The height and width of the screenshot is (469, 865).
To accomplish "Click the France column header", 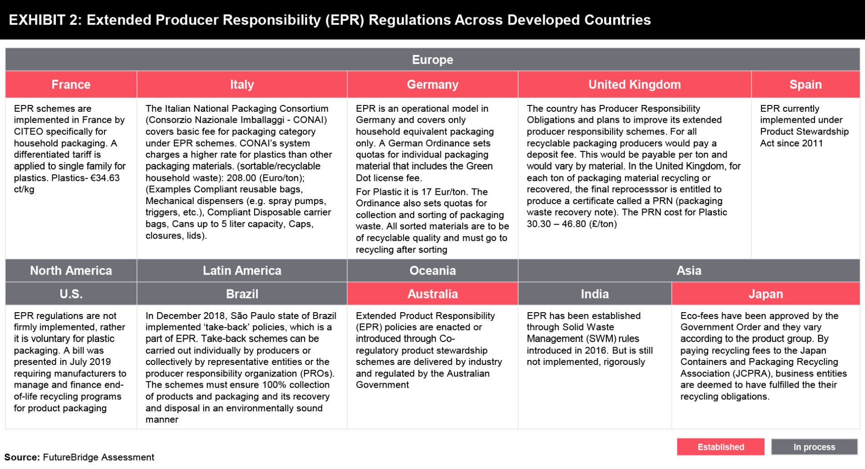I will pos(71,85).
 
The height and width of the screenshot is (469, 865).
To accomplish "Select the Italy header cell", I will pos(242,85).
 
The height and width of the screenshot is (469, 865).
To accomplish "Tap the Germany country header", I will pos(432,85).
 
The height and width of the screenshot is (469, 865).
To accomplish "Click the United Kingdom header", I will pos(635,85).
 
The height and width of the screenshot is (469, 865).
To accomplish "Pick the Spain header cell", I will pos(805,85).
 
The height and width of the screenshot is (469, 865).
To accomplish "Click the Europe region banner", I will pos(432,60).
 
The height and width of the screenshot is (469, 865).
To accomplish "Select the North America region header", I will pos(71,270).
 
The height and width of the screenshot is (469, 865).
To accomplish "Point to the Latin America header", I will pos(242,270).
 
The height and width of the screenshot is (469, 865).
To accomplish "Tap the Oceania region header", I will pos(432,270).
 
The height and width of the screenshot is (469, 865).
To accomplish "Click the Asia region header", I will pos(689,270).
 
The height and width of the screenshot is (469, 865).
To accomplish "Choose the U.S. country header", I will pos(71,294).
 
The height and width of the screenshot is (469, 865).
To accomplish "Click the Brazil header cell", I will pos(242,294).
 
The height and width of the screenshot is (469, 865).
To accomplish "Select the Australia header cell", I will pos(432,294).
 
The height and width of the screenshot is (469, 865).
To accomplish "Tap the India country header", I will pos(595,294).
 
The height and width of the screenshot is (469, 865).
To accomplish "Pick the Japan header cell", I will pos(765,294).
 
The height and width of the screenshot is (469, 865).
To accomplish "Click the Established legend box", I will pos(720,447).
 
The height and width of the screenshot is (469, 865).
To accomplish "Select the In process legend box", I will pos(814,447).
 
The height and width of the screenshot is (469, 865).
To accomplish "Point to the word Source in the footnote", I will pos(22,457).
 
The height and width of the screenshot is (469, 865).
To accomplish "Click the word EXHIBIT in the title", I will pos(37,20).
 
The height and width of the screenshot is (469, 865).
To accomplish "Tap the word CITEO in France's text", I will pos(29,132).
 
